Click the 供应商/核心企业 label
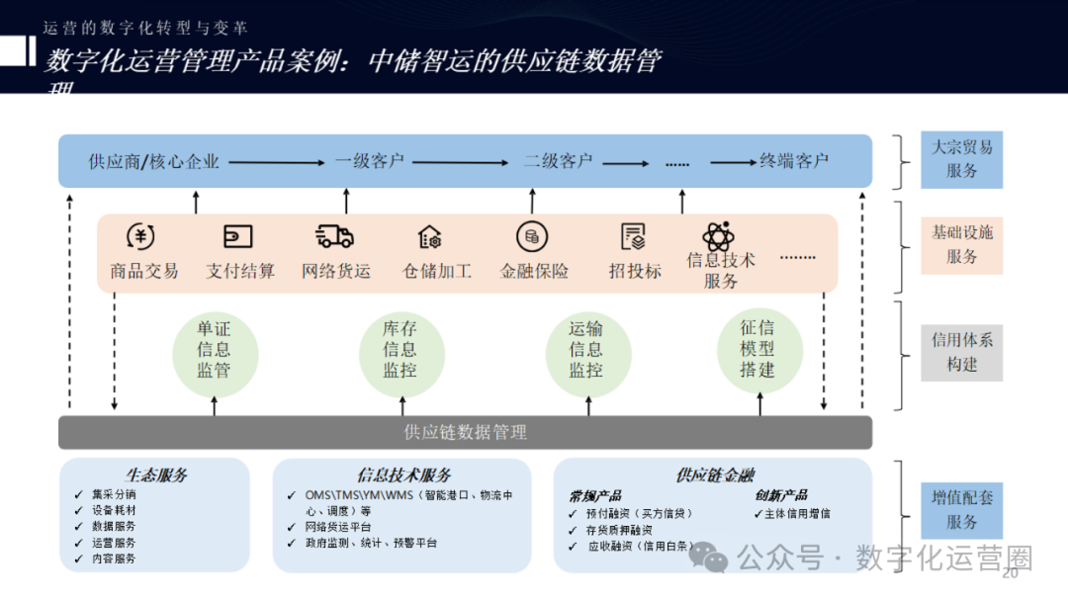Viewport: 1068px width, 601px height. [153, 162]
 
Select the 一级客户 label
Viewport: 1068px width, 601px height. [370, 162]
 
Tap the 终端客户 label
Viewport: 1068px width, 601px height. [794, 162]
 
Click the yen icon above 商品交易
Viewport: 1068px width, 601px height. [141, 237]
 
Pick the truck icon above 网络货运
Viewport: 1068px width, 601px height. [334, 237]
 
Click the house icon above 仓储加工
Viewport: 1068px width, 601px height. [430, 237]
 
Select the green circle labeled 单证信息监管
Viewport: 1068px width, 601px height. [214, 351]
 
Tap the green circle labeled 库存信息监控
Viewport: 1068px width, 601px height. [400, 351]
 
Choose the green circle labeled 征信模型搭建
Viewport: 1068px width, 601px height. [758, 350]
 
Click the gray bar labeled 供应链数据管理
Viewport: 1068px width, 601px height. [465, 432]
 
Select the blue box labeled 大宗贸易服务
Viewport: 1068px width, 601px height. [961, 159]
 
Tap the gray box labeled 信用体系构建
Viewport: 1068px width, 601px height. [961, 352]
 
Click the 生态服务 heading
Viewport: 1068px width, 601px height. [156, 475]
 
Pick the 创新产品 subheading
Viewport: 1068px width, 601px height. [781, 495]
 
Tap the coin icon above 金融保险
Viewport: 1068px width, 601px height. [532, 237]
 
